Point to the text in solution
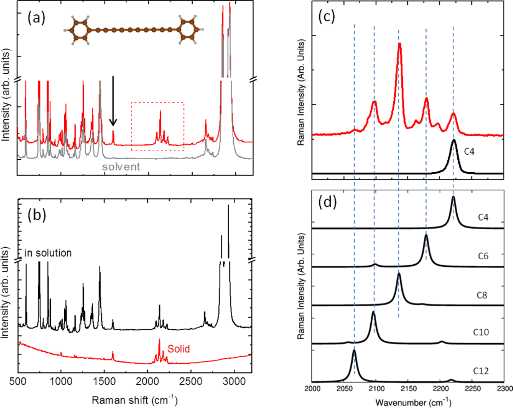[48, 253]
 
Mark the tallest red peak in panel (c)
[400, 45]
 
